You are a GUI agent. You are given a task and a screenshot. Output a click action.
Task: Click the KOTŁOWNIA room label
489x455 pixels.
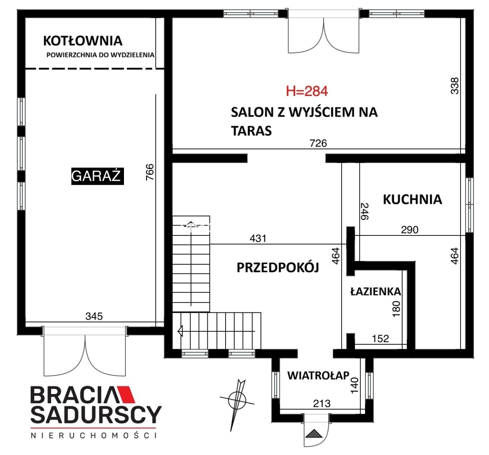(83, 41)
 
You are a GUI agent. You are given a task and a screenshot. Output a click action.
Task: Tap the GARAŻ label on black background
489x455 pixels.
(97, 176)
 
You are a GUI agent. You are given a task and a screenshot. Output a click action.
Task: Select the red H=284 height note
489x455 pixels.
(307, 91)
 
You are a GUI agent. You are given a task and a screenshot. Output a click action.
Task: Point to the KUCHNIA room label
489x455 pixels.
(412, 199)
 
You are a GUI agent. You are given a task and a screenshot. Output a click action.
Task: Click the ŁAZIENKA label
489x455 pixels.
(376, 292)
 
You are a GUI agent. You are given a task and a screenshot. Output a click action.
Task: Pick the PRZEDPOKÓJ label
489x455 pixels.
(278, 268)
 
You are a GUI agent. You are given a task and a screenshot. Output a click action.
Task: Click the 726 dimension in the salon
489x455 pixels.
(318, 143)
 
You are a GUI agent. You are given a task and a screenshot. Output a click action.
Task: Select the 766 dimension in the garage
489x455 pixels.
(150, 172)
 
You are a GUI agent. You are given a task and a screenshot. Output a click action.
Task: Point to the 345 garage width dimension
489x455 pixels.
(94, 316)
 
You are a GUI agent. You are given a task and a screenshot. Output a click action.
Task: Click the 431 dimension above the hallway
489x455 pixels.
(258, 238)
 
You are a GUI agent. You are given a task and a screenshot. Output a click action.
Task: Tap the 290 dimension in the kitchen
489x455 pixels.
(410, 230)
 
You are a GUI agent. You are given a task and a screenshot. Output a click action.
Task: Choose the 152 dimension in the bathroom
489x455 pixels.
(381, 339)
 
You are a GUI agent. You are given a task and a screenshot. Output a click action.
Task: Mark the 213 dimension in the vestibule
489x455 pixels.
(322, 403)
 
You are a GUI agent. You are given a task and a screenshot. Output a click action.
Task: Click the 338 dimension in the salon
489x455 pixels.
(455, 86)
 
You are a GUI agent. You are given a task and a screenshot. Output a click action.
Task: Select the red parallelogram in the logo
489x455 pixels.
(126, 394)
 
